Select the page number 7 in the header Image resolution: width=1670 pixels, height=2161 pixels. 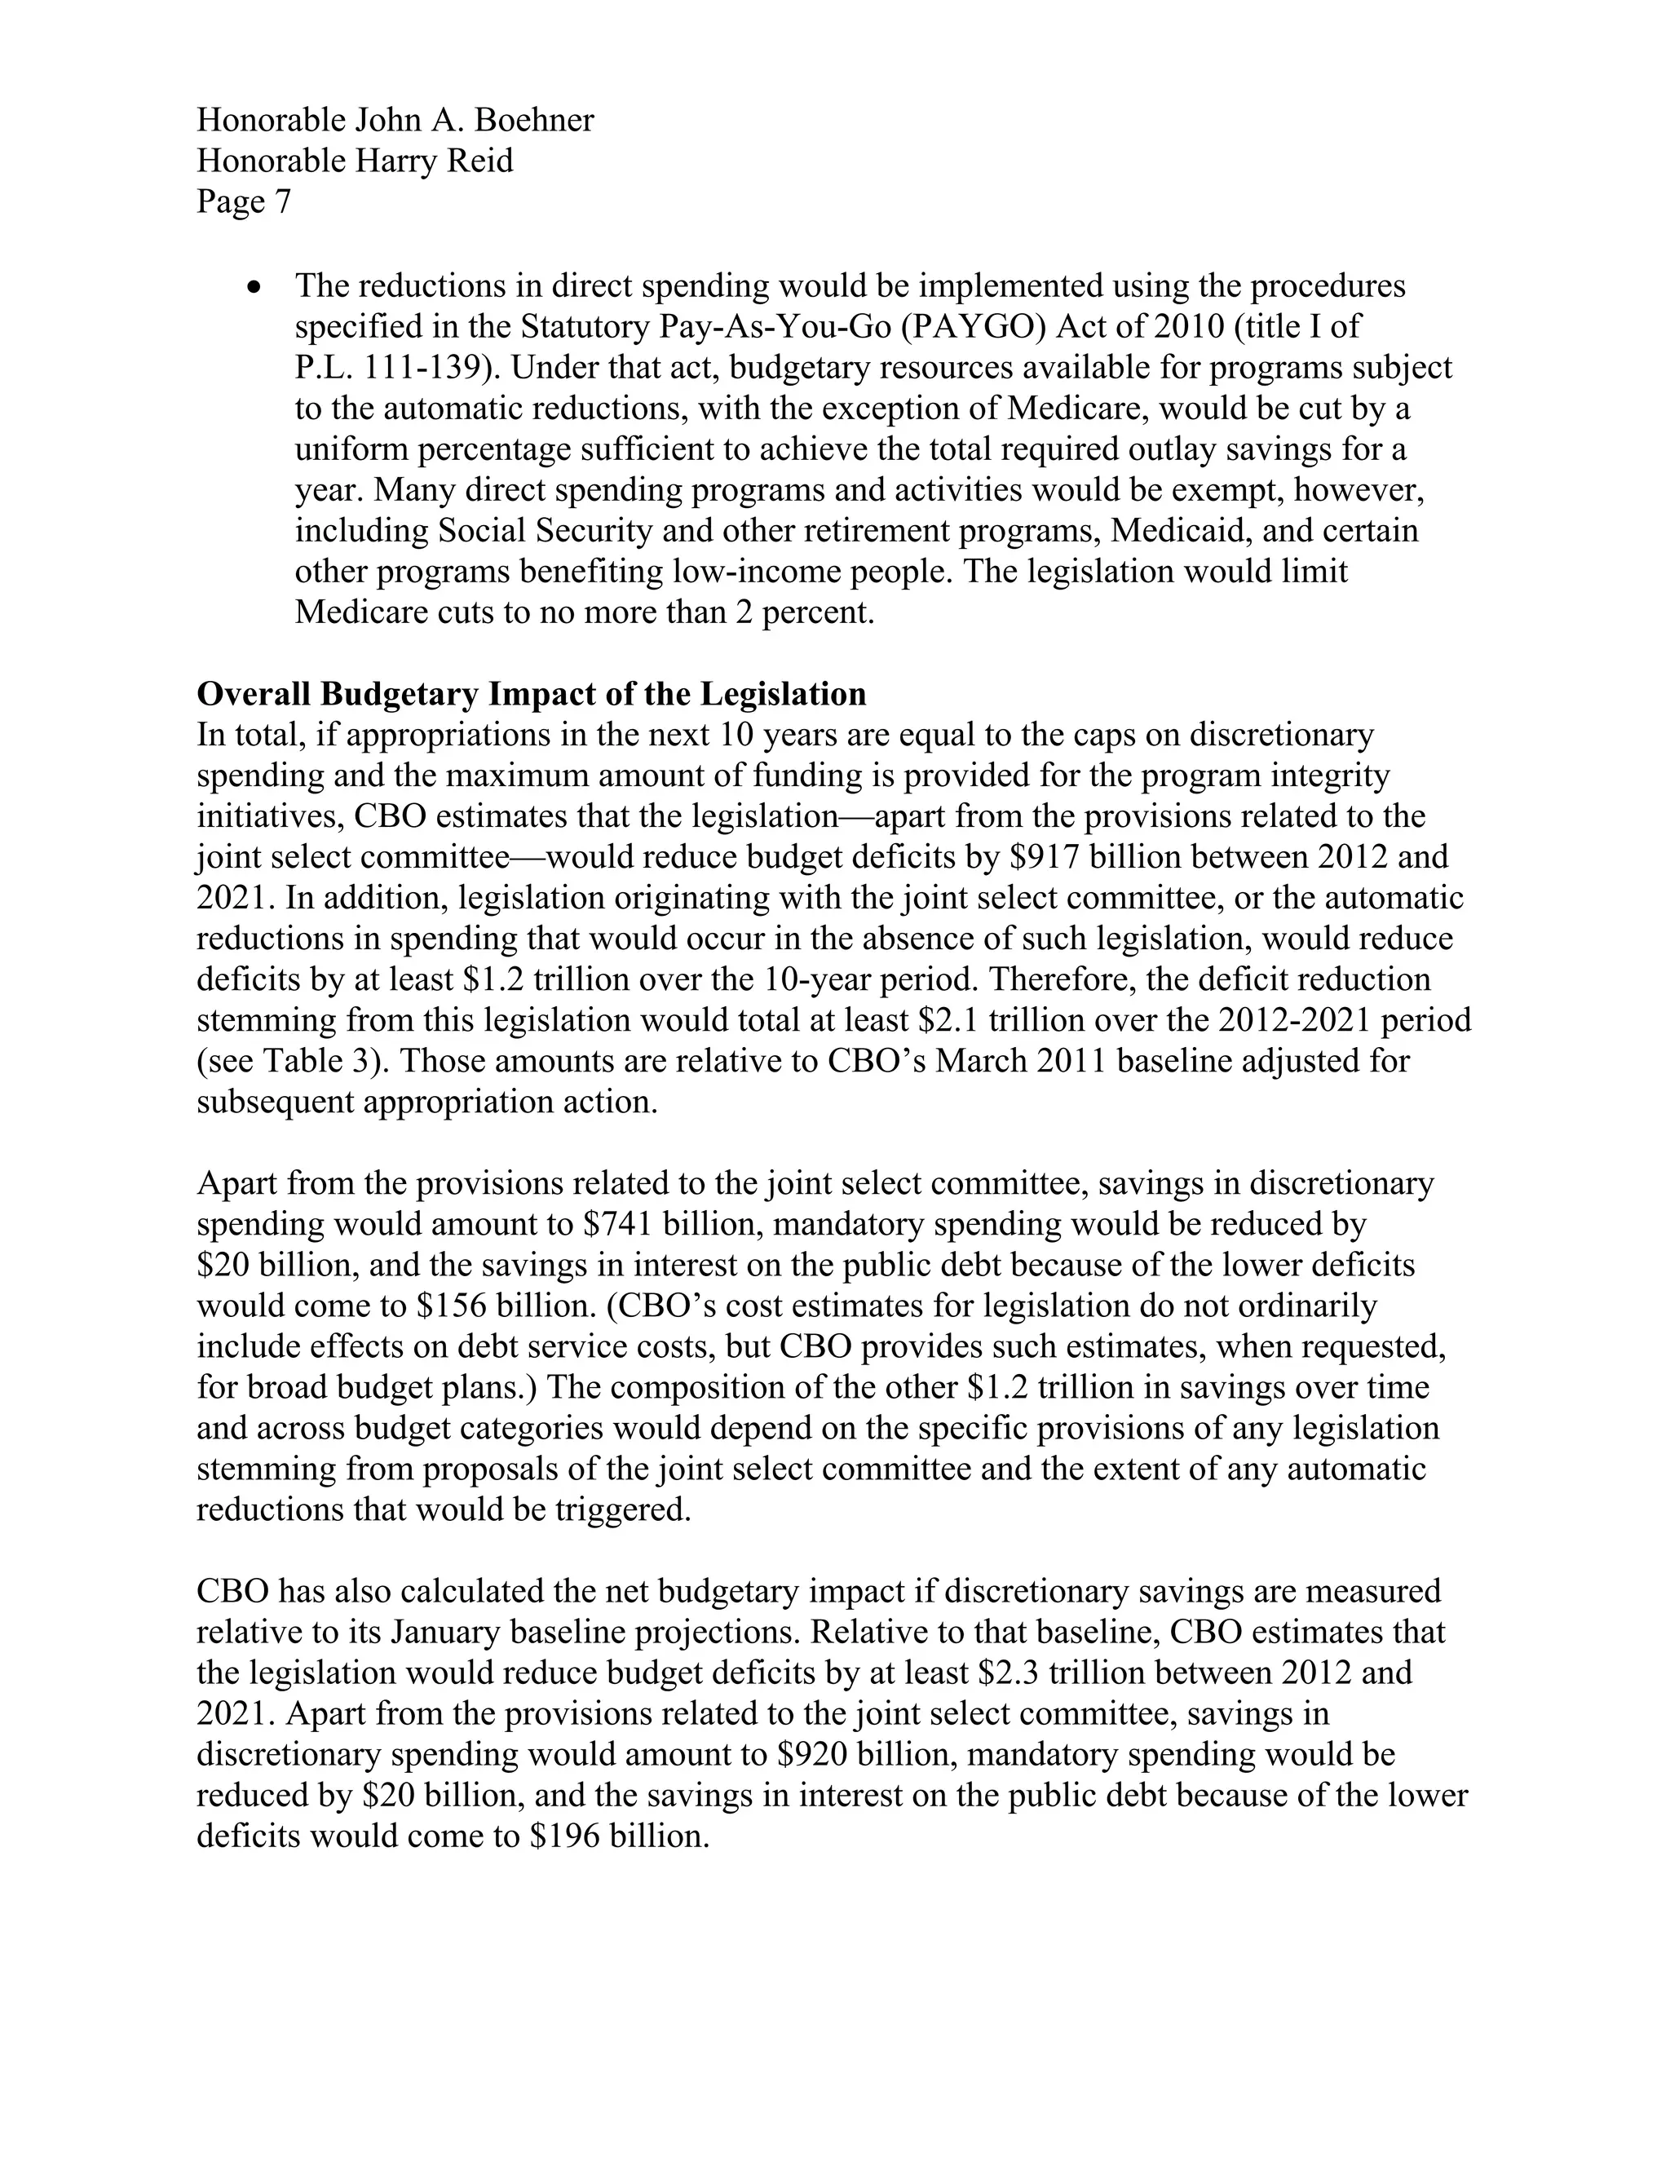point(283,202)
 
